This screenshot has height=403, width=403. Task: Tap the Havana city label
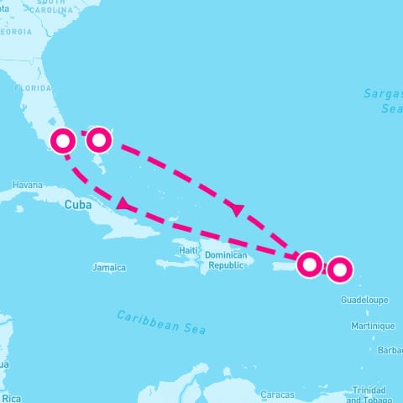tap(27, 185)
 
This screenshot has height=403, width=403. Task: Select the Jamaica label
tap(109, 268)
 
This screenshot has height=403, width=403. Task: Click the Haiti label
tap(188, 250)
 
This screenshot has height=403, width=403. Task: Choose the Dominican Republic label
tap(225, 259)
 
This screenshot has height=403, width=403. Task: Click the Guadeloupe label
tap(364, 299)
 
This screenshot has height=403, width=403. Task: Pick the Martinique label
tap(374, 326)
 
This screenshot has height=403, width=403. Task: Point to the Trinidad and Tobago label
tap(369, 395)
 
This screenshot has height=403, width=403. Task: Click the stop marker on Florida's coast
tap(63, 140)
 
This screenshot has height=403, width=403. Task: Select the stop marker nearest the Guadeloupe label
tap(339, 270)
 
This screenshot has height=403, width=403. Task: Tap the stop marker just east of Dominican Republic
tap(310, 264)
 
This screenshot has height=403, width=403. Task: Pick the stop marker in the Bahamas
tap(99, 139)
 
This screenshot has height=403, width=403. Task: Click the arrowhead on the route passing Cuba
tap(123, 205)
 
